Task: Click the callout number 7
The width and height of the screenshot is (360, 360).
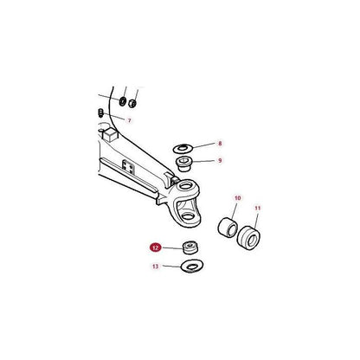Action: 130,121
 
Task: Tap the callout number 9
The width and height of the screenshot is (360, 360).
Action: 220,160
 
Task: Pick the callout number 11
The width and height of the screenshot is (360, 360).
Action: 259,209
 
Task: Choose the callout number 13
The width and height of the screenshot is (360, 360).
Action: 155,267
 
